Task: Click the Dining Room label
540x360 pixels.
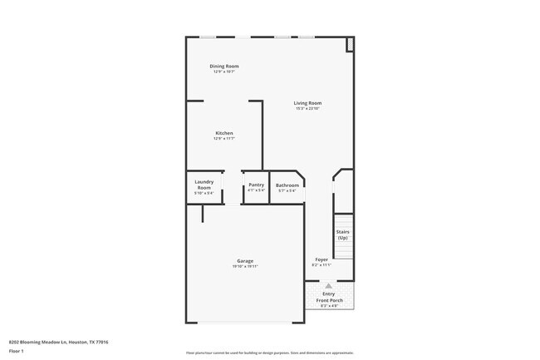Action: (223, 66)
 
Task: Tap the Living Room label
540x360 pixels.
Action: (307, 103)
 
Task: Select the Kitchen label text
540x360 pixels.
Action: (224, 133)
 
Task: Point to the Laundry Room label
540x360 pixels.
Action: (204, 185)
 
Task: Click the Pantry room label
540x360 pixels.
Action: (256, 185)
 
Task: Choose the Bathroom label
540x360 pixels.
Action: (287, 185)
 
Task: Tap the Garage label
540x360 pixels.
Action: (245, 260)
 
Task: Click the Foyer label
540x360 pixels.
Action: (322, 259)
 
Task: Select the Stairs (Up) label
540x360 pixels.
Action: (342, 234)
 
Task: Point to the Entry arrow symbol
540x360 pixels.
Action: (328, 285)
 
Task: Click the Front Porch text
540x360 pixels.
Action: (328, 300)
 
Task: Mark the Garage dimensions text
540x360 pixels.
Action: (245, 266)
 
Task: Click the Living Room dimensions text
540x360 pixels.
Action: (307, 109)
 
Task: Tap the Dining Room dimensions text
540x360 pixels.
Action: (223, 72)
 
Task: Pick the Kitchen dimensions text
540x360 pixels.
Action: (224, 139)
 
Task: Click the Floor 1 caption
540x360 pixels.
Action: (17, 351)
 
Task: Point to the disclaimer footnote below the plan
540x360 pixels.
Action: (269, 353)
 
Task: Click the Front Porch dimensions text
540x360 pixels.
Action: (328, 306)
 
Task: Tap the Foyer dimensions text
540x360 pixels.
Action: (322, 265)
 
